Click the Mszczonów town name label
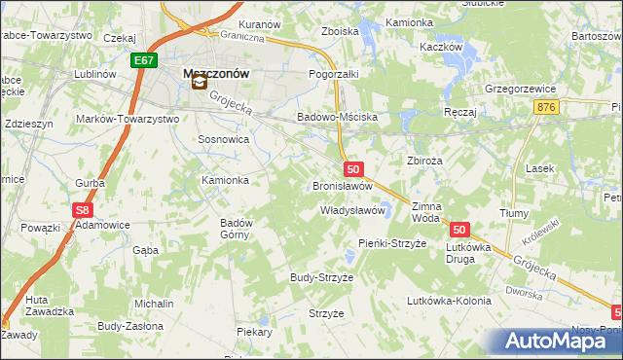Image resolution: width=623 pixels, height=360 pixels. point(217,72)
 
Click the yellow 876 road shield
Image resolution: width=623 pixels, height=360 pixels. point(546,107)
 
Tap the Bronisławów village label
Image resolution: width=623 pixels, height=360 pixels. point(343,186)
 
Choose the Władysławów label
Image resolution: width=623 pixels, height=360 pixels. point(354,210)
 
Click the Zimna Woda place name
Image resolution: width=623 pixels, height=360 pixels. point(426,213)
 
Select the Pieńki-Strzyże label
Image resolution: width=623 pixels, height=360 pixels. point(392,243)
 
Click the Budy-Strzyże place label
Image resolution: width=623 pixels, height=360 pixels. point(321,277)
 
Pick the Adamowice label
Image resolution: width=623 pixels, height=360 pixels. point(103,225)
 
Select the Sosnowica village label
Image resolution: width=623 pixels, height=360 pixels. point(224,140)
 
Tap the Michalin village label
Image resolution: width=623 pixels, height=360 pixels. point(154,304)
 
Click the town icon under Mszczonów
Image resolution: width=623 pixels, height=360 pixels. point(199,84)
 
